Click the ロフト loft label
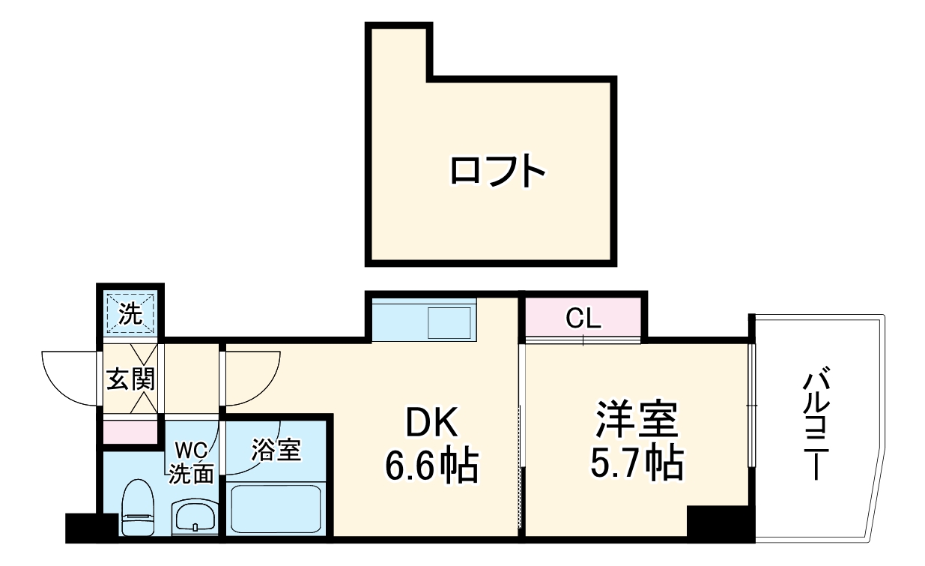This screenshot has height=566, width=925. coord(497,171)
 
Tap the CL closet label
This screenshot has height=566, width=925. coord(583,319)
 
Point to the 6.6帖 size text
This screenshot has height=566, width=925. coord(431,466)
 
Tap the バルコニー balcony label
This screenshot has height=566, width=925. coord(815,424)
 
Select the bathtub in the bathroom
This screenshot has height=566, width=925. coord(276,508)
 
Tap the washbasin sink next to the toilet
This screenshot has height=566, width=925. coord(195,516)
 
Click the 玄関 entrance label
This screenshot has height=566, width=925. coord(130,379)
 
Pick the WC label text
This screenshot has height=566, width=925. coord(191,451)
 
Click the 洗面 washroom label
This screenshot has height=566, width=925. coord(191,473)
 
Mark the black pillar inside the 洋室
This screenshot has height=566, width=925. coord(719,522)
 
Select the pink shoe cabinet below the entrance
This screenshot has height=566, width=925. coord(130,433)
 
